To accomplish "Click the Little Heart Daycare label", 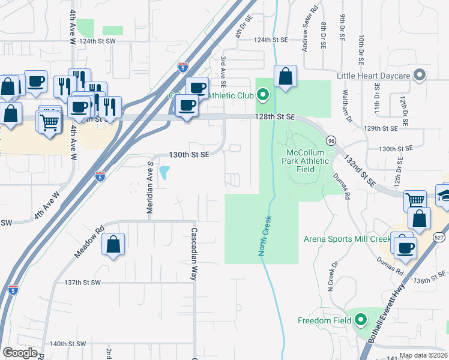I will point(373,75).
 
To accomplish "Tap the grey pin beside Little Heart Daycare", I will point(420,75).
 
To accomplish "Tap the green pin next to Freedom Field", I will point(361,320).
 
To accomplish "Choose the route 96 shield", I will point(330,140).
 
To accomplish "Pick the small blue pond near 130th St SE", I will point(164,173).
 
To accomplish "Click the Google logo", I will point(20,352).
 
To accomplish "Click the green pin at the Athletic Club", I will point(262,95).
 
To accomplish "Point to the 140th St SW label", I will point(68,344).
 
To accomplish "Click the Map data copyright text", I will point(423,355).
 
